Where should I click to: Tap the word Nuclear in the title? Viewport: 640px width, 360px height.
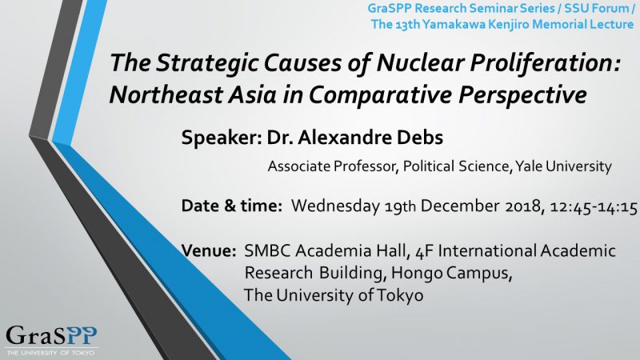point(420,63)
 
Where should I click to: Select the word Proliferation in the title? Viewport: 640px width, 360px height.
point(546,63)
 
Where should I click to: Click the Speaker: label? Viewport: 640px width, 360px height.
point(222,138)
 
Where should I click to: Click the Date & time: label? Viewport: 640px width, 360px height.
point(232,206)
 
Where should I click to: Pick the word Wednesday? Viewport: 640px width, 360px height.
point(335,206)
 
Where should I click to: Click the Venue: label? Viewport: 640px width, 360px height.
point(209,250)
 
